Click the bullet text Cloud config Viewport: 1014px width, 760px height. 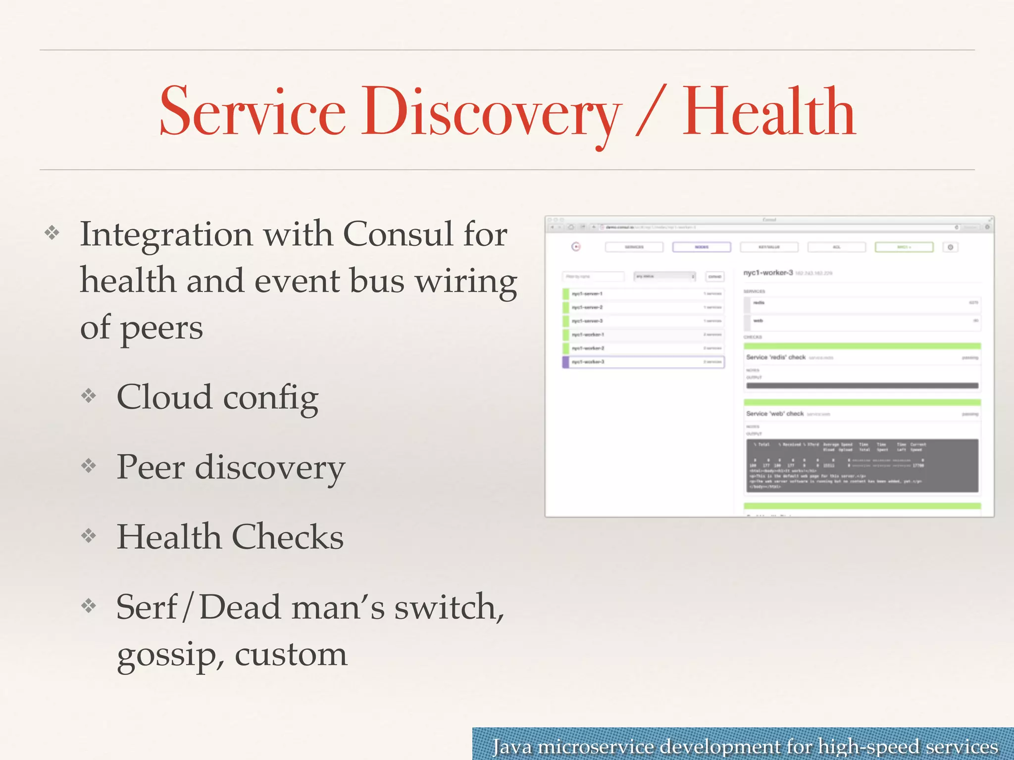click(217, 397)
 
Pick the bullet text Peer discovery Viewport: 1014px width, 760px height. click(230, 467)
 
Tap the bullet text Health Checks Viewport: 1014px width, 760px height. click(230, 537)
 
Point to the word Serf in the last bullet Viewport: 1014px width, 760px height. click(147, 607)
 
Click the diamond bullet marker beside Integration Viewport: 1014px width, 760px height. click(52, 233)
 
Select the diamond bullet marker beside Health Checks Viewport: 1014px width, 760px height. click(89, 535)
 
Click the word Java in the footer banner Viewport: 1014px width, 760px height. click(512, 746)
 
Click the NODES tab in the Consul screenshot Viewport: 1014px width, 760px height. click(701, 247)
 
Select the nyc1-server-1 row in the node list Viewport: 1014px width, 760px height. click(644, 294)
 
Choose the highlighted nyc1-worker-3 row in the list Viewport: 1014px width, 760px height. click(644, 362)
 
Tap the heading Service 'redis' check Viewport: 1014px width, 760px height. click(776, 357)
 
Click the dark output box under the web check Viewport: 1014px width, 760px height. click(862, 465)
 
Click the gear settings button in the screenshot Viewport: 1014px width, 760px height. click(950, 247)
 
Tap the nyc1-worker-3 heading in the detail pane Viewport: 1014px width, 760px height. click(768, 273)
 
